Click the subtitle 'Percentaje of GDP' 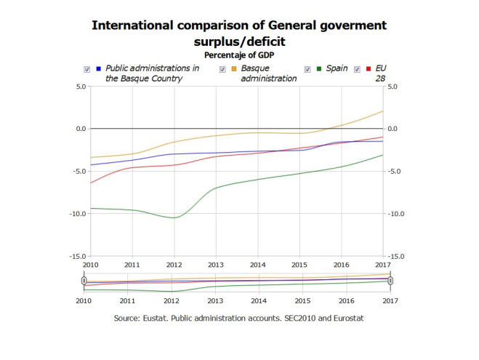pos(239,55)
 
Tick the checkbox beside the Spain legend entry pos(307,69)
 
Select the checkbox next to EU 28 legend pos(357,69)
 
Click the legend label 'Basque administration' pos(268,73)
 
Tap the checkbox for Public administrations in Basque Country pos(87,69)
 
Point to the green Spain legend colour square pos(319,69)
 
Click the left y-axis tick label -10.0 pos(76,214)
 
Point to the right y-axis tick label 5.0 pos(394,87)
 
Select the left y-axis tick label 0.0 pos(79,129)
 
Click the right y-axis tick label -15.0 pos(397,257)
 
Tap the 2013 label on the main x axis pos(216,265)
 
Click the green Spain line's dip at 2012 pos(174,217)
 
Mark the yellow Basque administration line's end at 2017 pos(383,111)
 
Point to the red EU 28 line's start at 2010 pos(90,183)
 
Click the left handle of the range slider pos(84,281)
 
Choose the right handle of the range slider pos(390,281)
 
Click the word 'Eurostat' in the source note pos(345,319)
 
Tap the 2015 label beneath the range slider pos(302,300)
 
